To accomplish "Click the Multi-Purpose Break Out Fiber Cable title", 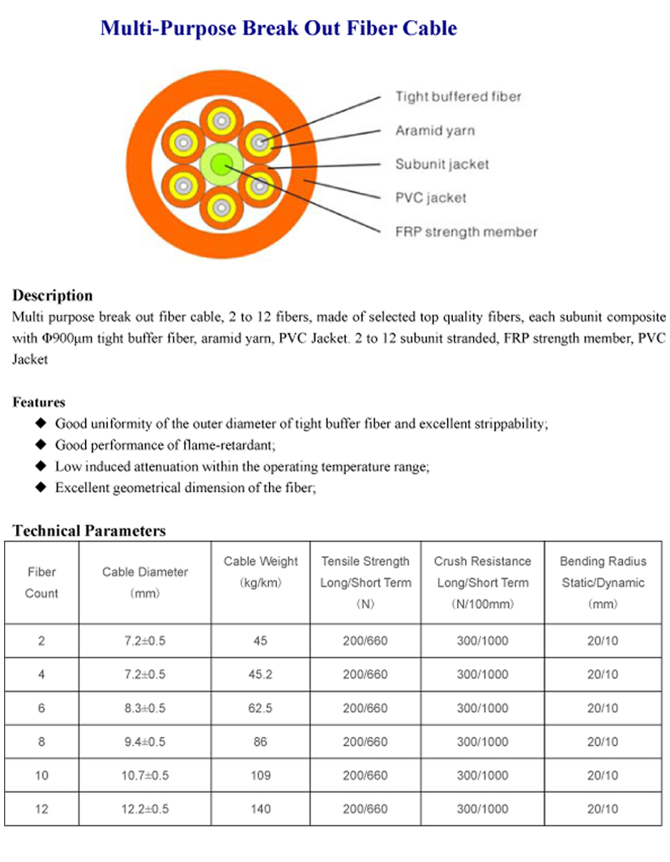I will tap(278, 29).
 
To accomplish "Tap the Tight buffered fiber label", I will tap(458, 96).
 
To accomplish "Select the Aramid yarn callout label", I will tap(434, 131).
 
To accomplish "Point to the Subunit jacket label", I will tap(442, 164).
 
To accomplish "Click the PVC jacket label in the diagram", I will tap(430, 198).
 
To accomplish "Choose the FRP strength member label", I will tap(466, 232).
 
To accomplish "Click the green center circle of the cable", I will tap(220, 165).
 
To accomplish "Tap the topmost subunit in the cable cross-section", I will tap(220, 122).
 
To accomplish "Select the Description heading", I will tap(53, 295).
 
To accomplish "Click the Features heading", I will tap(39, 401).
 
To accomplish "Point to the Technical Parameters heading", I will tap(89, 531).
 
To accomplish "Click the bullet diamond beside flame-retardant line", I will tap(42, 444).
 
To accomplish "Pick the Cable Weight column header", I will tap(260, 572).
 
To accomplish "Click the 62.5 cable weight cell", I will tap(260, 708).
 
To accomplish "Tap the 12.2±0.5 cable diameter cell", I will tap(145, 808).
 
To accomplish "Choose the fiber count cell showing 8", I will tap(41, 741).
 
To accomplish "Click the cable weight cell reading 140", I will tap(260, 808).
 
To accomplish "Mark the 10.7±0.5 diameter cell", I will tap(145, 775).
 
